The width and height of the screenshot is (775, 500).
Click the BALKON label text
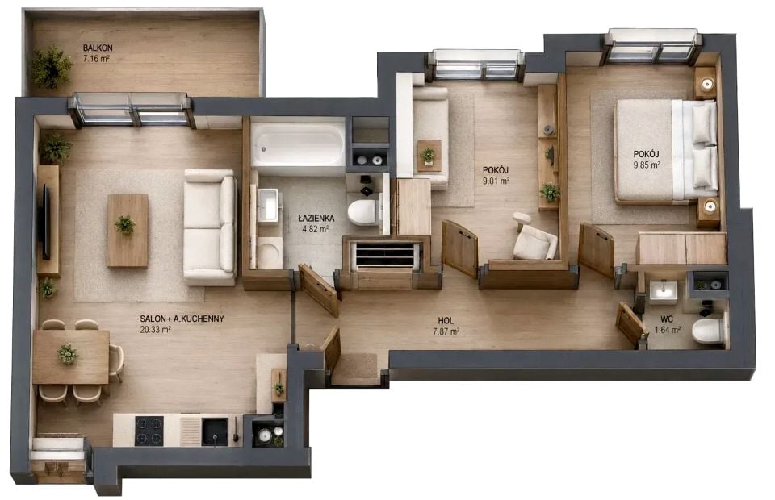(x=98, y=48)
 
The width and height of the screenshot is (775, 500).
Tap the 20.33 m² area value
(x=155, y=330)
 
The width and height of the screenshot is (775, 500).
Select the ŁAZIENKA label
(x=316, y=219)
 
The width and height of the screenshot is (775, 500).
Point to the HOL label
(x=446, y=321)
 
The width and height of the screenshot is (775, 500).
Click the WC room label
(x=668, y=319)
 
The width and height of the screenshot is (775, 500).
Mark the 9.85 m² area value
(x=647, y=165)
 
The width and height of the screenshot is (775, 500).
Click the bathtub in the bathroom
(x=298, y=144)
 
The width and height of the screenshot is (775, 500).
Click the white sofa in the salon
(x=210, y=227)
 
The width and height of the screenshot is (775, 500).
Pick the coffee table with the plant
(x=128, y=231)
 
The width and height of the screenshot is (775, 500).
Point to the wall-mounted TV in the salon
(x=46, y=221)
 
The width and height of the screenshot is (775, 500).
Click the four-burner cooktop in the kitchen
(x=149, y=431)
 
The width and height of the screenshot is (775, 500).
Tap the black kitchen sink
(x=216, y=431)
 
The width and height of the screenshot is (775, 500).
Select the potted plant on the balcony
(x=52, y=67)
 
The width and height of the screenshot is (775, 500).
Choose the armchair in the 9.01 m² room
(x=534, y=240)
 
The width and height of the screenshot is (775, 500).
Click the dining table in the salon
(x=71, y=356)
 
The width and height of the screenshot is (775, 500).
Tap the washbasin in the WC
(x=664, y=290)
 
